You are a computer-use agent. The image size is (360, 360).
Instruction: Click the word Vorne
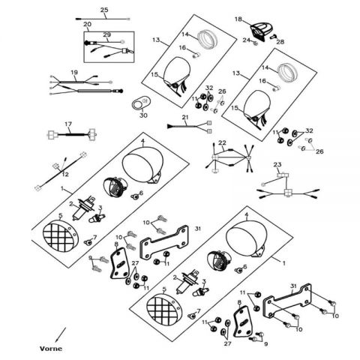pyautogui.click(x=51, y=349)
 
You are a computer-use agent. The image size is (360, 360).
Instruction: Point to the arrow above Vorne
pyautogui.click(x=61, y=335)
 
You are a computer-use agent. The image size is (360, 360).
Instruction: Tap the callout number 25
pyautogui.click(x=104, y=10)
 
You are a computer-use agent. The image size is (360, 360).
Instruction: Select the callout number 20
pyautogui.click(x=87, y=24)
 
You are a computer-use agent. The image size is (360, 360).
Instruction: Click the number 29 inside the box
pyautogui.click(x=106, y=34)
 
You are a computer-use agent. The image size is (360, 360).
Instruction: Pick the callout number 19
pyautogui.click(x=74, y=73)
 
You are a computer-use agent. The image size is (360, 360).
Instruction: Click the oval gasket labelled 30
pyautogui.click(x=140, y=103)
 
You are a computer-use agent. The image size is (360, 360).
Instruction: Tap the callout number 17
pyautogui.click(x=68, y=124)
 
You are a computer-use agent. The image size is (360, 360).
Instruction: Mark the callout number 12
pyautogui.click(x=65, y=175)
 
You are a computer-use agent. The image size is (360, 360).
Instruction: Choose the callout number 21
pyautogui.click(x=185, y=117)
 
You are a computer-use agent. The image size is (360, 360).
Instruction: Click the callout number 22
pyautogui.click(x=222, y=142)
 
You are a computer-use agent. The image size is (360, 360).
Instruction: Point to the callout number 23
pyautogui.click(x=277, y=164)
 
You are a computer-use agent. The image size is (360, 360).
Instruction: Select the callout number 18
pyautogui.click(x=238, y=19)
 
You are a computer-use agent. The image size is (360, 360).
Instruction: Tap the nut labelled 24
pyautogui.click(x=255, y=43)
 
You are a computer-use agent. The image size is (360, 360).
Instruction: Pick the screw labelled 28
pyautogui.click(x=273, y=37)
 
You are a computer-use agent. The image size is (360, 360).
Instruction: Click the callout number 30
pyautogui.click(x=143, y=115)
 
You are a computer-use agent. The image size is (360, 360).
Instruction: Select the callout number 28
pyautogui.click(x=280, y=42)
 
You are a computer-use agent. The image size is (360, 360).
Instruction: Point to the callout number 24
pyautogui.click(x=247, y=40)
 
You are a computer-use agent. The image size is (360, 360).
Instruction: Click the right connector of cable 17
pyautogui.click(x=92, y=133)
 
